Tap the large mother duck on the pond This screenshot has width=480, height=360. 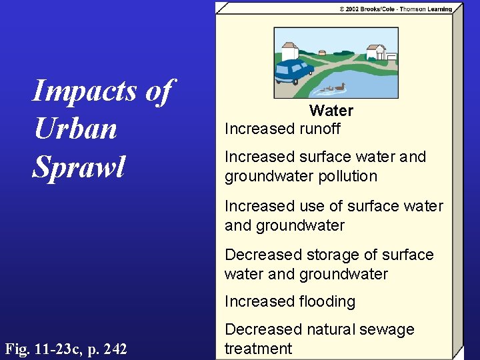point(339,87)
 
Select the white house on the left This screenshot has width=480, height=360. point(289,50)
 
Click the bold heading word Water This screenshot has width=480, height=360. point(331,111)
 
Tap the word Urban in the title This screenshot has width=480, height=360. point(75,129)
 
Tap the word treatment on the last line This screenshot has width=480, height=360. point(259,349)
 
